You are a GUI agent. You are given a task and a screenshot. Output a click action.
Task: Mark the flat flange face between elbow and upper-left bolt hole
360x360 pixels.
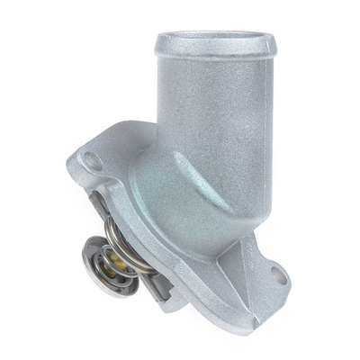pos(117,180)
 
